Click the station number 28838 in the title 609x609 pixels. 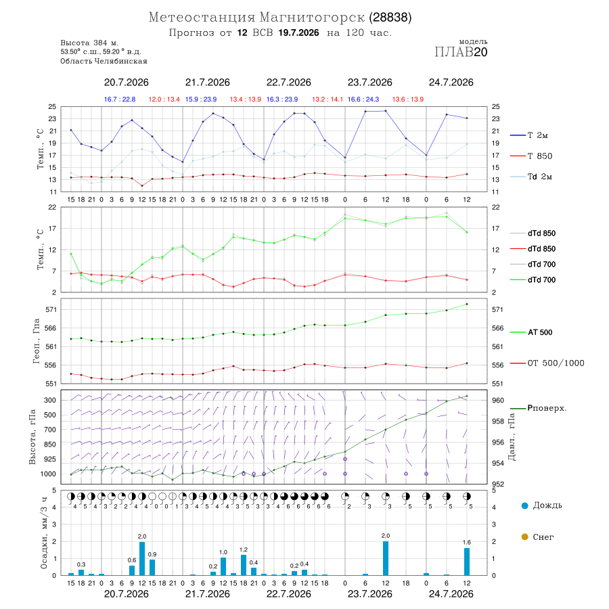tap(390, 18)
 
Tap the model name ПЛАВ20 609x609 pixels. tap(461, 52)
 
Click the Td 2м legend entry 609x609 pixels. tap(531, 177)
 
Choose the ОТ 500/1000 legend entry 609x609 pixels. tap(547, 363)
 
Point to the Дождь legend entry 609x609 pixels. tap(542, 505)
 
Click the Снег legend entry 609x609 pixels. tap(537, 537)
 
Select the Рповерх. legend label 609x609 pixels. tap(539, 408)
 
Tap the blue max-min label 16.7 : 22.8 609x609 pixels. tap(120, 99)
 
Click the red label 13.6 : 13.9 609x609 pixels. tap(408, 99)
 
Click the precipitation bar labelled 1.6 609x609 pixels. tap(467, 562)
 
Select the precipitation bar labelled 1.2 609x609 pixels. tap(244, 565)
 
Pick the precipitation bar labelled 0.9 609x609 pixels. tap(152, 568)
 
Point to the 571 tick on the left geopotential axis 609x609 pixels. tap(51, 309)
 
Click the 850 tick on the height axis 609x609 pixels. tap(49, 445)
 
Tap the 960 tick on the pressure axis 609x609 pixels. tap(498, 400)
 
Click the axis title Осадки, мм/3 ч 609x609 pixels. tap(44, 533)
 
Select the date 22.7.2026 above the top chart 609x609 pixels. tap(288, 83)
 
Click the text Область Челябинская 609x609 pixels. tap(104, 61)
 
